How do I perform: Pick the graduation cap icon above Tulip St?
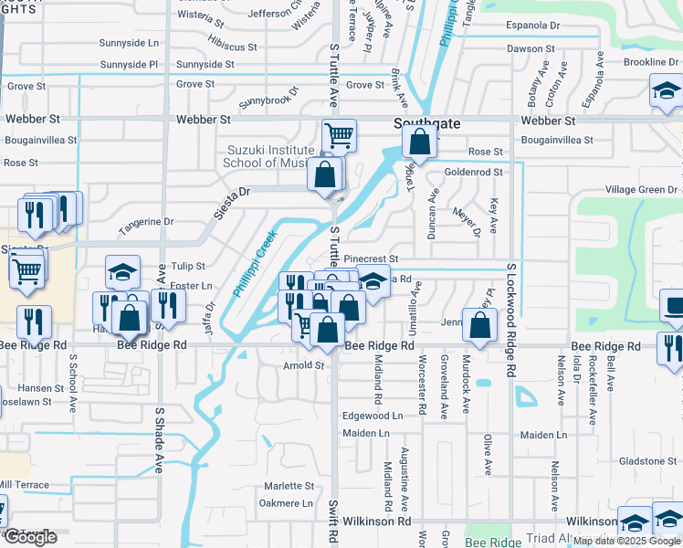pos(123,271)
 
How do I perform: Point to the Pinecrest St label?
pos(371,259)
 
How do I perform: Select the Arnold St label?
pos(304,365)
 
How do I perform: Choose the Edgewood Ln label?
pos(372,416)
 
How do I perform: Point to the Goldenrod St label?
pos(473,172)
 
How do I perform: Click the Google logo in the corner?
pos(30,537)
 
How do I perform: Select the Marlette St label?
pos(289,486)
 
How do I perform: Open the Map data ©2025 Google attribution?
pos(627,541)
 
